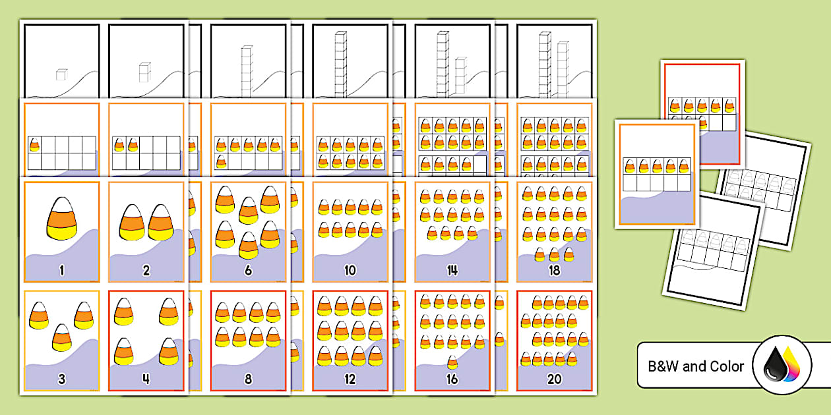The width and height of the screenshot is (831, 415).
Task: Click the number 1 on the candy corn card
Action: pyautogui.click(x=62, y=271)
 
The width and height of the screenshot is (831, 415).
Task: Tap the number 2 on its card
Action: pyautogui.click(x=146, y=271)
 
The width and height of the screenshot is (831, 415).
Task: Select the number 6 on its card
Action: pyautogui.click(x=248, y=271)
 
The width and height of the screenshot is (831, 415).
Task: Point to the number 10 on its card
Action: pyautogui.click(x=350, y=271)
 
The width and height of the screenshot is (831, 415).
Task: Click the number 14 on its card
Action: pyautogui.click(x=452, y=271)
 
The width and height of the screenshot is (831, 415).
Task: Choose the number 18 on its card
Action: pyautogui.click(x=554, y=271)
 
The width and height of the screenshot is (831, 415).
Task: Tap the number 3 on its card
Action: pyautogui.click(x=62, y=379)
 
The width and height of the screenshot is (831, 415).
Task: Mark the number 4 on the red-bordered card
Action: pyautogui.click(x=146, y=379)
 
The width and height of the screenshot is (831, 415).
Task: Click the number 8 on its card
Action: pyautogui.click(x=248, y=379)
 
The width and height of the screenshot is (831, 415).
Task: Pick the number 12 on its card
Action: pyautogui.click(x=350, y=379)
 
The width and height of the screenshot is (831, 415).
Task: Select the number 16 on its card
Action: pyautogui.click(x=452, y=379)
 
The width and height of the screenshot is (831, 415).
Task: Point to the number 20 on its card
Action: pyautogui.click(x=554, y=379)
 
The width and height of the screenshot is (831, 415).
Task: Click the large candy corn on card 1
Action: pyautogui.click(x=62, y=219)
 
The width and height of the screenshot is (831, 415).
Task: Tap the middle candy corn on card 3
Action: pyautogui.click(x=62, y=337)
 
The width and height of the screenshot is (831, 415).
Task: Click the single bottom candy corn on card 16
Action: pyautogui.click(x=452, y=362)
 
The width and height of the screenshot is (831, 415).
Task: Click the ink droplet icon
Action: pyautogui.click(x=782, y=365)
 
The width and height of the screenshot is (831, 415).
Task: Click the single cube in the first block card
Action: pyautogui.click(x=61, y=74)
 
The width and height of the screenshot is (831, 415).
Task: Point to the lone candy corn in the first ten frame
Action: pyautogui.click(x=34, y=144)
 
